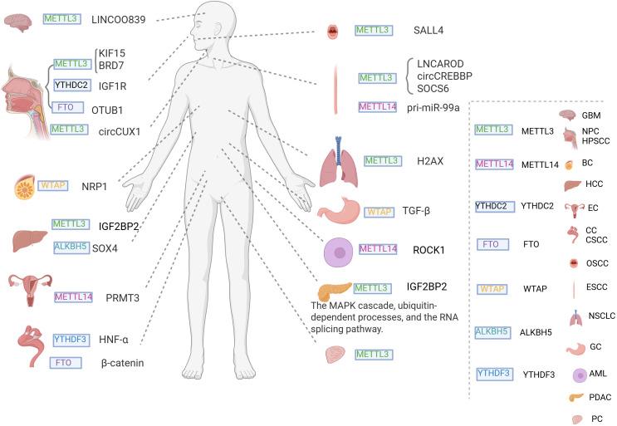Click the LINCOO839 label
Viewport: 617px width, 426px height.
117,18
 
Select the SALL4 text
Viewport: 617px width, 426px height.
426,30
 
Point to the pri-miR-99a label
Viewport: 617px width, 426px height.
436,107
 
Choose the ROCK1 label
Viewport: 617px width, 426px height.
430,249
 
